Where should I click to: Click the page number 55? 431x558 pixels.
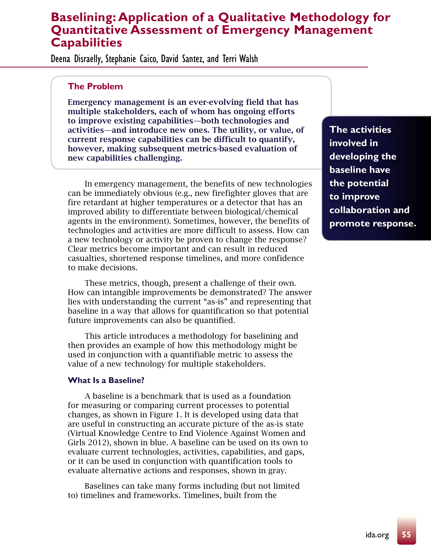coord(406,534)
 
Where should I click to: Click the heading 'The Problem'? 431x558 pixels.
coord(95,86)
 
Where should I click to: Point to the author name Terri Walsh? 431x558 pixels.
coord(240,59)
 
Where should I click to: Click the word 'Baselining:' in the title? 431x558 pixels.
coord(84,17)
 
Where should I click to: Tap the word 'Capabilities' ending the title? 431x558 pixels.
coord(87,42)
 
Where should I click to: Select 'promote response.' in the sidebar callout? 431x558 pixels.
coord(373,223)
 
